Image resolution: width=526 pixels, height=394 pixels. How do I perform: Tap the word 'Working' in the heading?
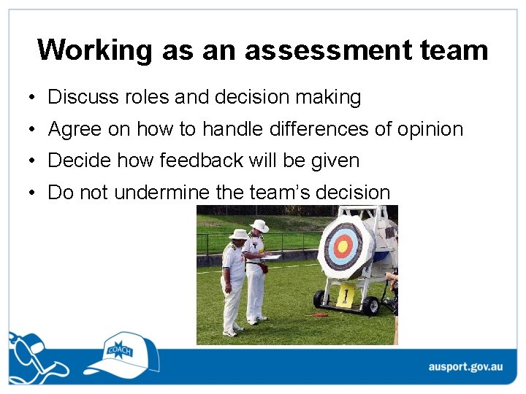94,50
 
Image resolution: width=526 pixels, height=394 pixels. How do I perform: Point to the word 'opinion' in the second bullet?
430,130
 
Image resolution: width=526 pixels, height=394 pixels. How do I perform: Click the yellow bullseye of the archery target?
343,246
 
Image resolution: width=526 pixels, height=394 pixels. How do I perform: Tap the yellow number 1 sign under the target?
346,295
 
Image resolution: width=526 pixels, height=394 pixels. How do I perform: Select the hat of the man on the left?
238,234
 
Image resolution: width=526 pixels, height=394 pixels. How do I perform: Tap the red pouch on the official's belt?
264,268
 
